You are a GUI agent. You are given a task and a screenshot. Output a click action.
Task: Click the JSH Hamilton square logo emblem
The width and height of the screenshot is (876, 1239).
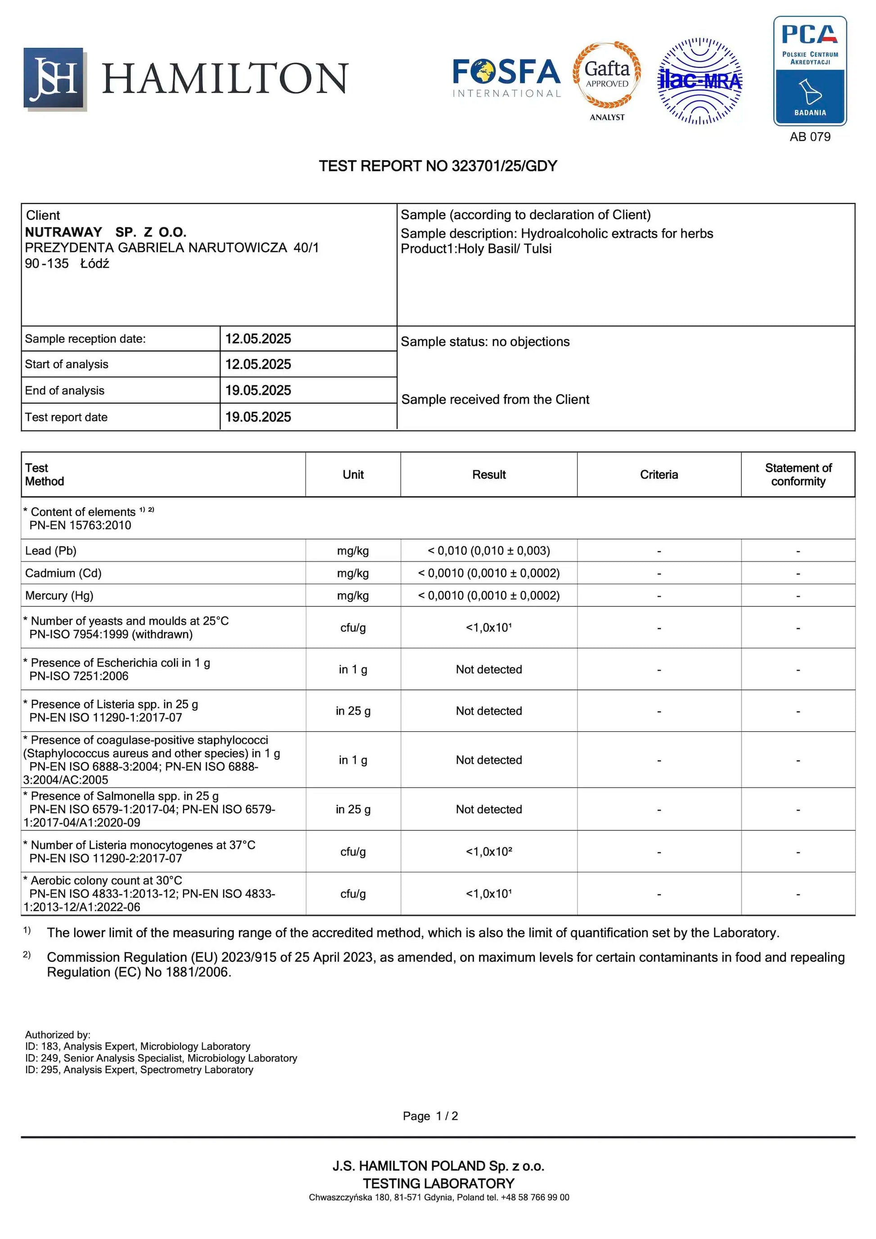[x=54, y=79]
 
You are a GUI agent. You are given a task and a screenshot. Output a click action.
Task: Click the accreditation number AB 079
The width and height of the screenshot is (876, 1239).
[x=810, y=137]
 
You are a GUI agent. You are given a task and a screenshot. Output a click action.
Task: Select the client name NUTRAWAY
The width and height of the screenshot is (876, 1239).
[x=63, y=232]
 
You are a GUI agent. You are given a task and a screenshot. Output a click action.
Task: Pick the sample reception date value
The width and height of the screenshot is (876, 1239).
[x=258, y=339]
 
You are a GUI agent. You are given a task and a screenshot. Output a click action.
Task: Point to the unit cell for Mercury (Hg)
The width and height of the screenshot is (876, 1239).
[x=353, y=596]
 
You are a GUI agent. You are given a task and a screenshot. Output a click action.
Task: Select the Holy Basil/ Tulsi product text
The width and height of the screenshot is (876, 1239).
[x=504, y=249]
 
